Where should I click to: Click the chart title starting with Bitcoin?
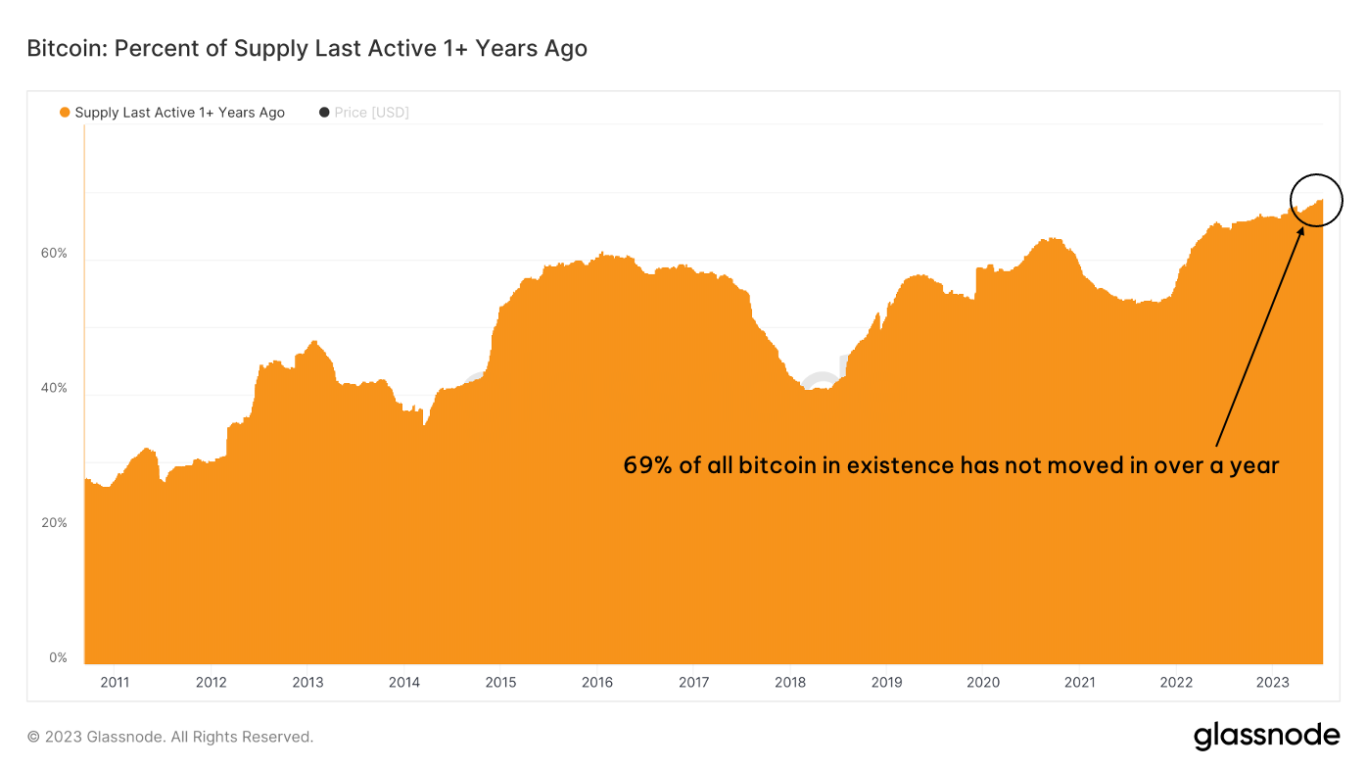[x=306, y=48]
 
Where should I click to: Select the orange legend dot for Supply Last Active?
[x=65, y=113]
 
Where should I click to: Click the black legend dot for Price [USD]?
[x=324, y=113]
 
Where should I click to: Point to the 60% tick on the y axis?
[x=54, y=254]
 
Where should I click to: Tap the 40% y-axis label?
[x=54, y=389]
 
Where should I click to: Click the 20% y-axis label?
[x=54, y=523]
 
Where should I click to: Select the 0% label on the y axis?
[x=58, y=658]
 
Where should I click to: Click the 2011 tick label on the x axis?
[x=115, y=682]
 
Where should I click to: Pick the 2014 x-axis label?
[x=404, y=682]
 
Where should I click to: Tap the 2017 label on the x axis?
[x=693, y=682]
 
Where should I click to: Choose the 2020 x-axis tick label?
[x=983, y=682]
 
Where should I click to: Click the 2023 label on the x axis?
[x=1272, y=682]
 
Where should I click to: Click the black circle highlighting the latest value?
[x=1316, y=200]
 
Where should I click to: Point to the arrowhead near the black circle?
[x=1301, y=230]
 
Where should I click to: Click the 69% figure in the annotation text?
[x=647, y=465]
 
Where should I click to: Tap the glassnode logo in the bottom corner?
[x=1266, y=736]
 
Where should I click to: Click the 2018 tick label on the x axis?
[x=790, y=682]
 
